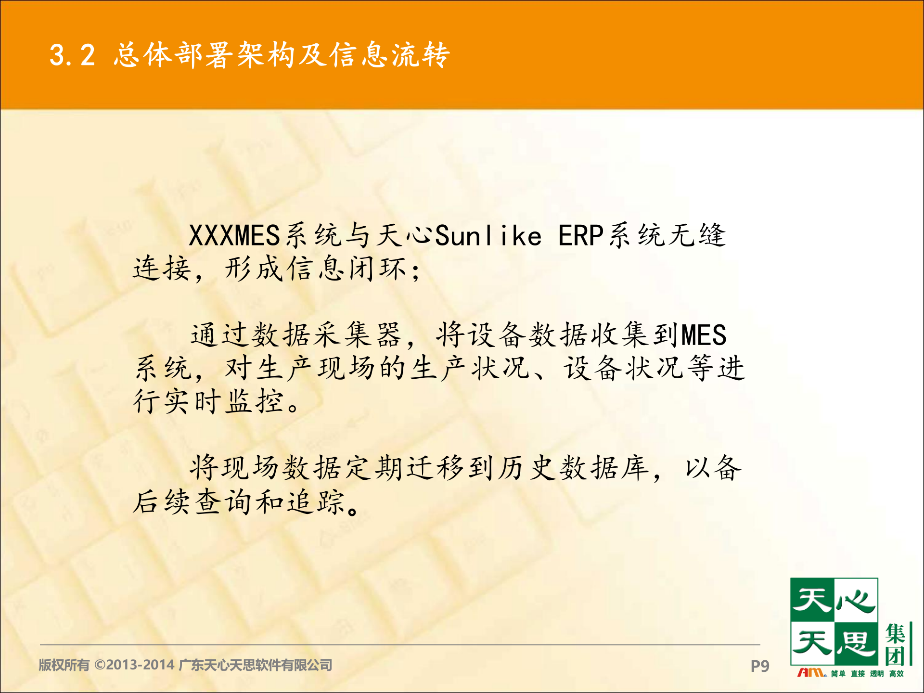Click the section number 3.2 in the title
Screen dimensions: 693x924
click(72, 55)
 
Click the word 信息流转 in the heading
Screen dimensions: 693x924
click(389, 55)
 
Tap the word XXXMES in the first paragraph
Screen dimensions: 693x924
click(234, 236)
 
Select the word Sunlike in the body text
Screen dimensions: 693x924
click(488, 236)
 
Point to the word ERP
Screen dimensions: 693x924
click(580, 236)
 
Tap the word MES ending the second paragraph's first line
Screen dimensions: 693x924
click(703, 335)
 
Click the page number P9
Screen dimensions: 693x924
click(759, 666)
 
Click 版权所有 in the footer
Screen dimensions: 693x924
click(64, 665)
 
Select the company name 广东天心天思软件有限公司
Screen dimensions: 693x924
click(255, 665)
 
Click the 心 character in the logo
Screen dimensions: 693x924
click(855, 601)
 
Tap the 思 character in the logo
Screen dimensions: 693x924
click(855, 643)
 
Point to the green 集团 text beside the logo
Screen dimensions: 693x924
click(896, 645)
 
